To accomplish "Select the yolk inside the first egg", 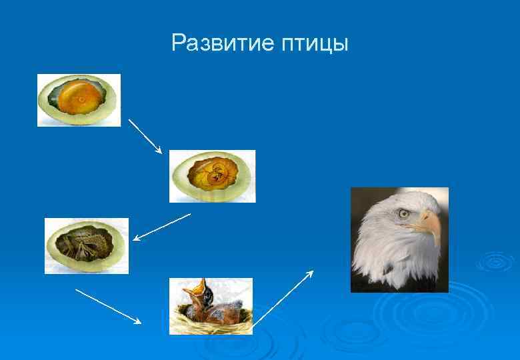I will (79, 100).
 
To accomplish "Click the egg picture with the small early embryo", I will (212, 176).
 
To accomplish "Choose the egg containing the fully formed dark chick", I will (87, 245).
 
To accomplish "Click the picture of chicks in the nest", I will (211, 306).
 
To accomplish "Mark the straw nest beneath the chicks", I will (211, 325).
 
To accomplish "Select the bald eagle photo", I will (399, 239).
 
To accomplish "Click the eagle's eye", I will (403, 213).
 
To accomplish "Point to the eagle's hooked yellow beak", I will (430, 223).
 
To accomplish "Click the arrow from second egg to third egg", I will (162, 227).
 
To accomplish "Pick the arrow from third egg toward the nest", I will (108, 306).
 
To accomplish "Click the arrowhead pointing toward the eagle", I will (311, 273).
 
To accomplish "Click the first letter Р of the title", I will (177, 43).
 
